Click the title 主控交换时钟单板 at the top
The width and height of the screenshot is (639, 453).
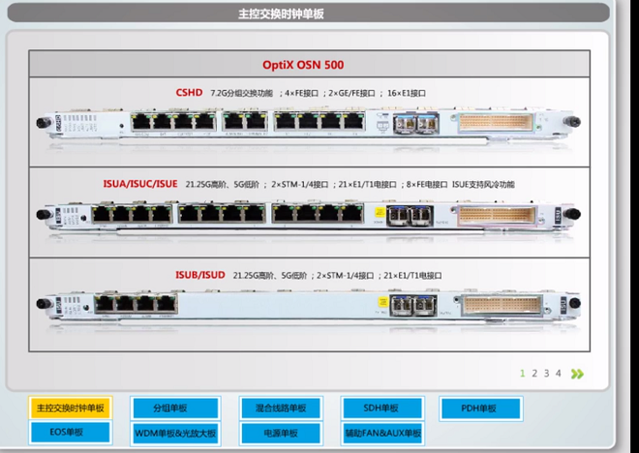282,15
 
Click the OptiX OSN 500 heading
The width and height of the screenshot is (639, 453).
317,65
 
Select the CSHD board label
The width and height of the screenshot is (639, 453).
189,93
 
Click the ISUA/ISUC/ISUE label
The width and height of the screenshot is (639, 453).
140,183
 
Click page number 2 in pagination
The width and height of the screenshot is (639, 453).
534,373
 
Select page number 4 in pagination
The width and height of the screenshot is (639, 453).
558,373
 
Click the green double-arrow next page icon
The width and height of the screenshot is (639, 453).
578,373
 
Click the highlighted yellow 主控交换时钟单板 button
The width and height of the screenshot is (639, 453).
70,408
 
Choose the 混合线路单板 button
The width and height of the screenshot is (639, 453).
281,408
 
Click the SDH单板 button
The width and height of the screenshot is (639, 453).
381,408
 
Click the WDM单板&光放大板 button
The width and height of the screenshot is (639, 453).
176,433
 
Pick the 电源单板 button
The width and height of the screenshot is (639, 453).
281,433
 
